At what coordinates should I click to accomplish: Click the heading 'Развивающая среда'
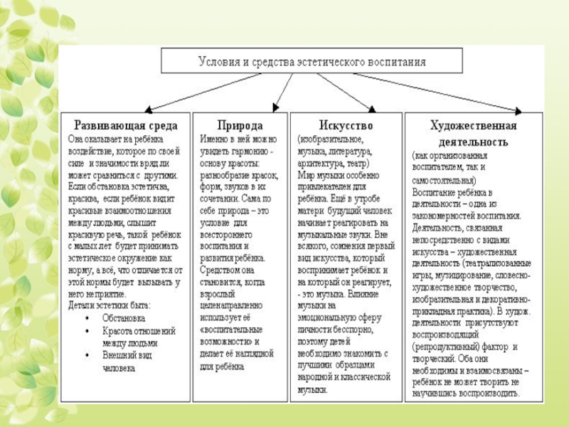click(127, 125)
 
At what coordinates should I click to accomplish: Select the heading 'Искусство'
click(346, 125)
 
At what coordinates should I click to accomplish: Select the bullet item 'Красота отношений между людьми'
click(138, 337)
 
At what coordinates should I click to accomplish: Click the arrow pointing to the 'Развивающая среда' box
click(185, 93)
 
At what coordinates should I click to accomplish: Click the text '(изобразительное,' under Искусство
click(330, 139)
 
